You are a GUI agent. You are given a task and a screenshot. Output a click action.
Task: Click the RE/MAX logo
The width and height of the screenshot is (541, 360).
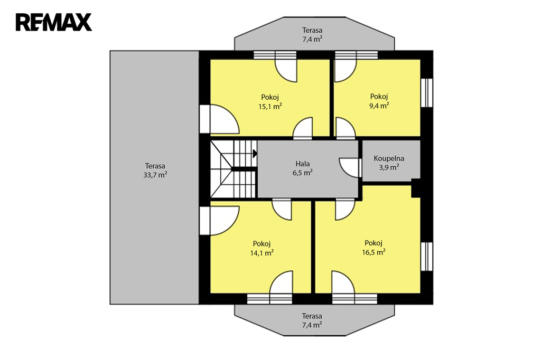tap(54, 22)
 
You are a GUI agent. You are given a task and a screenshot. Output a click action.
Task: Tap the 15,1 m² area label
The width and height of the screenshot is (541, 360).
tap(270, 106)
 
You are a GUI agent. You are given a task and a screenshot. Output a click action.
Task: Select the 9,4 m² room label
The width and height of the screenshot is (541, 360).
tap(379, 106)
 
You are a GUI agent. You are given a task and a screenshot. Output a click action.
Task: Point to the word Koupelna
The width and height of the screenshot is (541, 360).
tap(389, 158)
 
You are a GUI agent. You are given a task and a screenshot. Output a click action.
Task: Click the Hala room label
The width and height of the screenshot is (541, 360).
tap(303, 164)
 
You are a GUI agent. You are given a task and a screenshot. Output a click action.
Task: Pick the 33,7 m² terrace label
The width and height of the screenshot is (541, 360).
tap(155, 175)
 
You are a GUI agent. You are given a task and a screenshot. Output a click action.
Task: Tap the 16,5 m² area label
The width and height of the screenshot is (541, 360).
tap(374, 252)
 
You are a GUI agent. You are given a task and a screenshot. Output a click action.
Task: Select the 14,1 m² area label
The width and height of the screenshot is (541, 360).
tap(262, 253)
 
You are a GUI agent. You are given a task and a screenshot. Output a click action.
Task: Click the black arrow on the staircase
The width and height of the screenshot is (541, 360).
tap(255, 154)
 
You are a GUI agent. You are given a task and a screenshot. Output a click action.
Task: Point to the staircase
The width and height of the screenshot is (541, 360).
tap(234, 169)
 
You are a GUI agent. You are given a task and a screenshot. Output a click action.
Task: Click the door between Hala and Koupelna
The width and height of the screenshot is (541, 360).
tap(350, 167)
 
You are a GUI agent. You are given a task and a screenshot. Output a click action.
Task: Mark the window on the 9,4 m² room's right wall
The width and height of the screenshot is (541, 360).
tap(427, 92)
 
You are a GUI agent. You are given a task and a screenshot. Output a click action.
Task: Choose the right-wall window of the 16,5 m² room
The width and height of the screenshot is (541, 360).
tap(427, 256)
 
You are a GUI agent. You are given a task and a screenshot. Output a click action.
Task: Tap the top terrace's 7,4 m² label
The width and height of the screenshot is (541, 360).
tap(313, 39)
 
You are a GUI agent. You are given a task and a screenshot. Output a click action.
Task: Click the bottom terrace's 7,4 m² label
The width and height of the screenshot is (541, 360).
tap(312, 325)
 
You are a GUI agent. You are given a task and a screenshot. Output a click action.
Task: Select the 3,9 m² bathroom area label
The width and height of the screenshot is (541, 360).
tap(389, 167)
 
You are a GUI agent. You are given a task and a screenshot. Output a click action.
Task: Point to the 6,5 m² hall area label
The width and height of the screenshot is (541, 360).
tap(303, 173)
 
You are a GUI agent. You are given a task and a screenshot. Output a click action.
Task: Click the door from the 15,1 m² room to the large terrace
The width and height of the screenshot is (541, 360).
tap(219, 119)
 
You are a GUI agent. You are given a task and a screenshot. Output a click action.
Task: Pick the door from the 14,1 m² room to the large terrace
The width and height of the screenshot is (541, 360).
tap(219, 221)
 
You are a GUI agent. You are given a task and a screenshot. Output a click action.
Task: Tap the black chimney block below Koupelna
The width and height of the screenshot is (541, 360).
tap(416, 188)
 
